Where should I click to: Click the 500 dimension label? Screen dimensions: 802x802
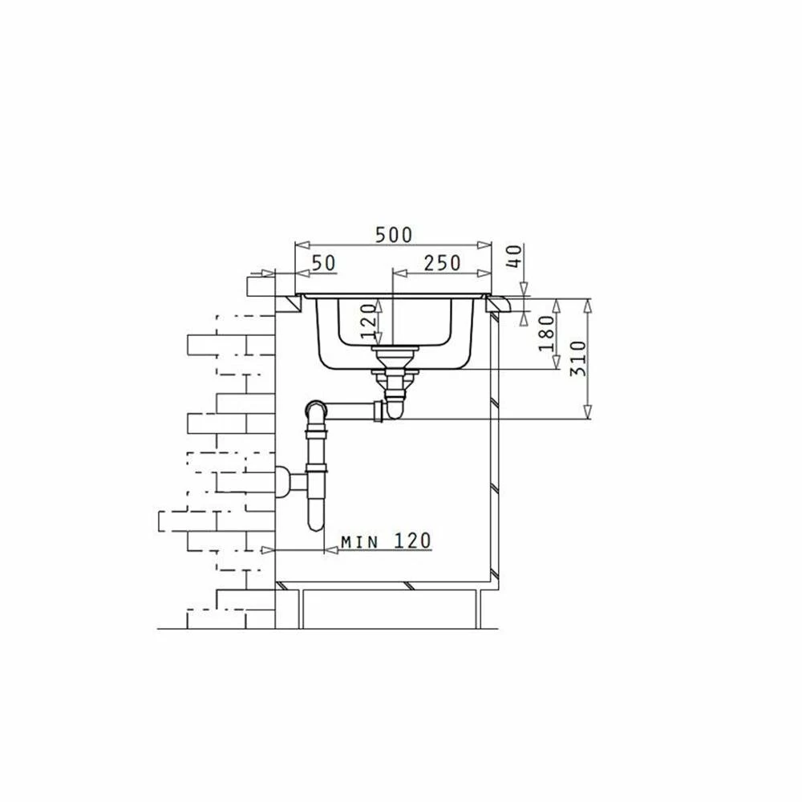tap(393, 235)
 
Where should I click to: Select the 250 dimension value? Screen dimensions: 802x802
tap(442, 263)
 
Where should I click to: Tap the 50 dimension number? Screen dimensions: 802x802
tap(323, 263)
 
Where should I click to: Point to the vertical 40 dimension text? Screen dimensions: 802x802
tap(516, 257)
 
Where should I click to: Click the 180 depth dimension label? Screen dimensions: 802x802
tap(546, 333)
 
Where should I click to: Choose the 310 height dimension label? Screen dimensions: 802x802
tap(578, 358)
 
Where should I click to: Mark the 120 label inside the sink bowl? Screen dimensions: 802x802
tap(368, 322)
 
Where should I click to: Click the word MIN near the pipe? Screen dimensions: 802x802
tap(359, 541)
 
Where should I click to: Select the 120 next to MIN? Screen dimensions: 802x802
tap(412, 541)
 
